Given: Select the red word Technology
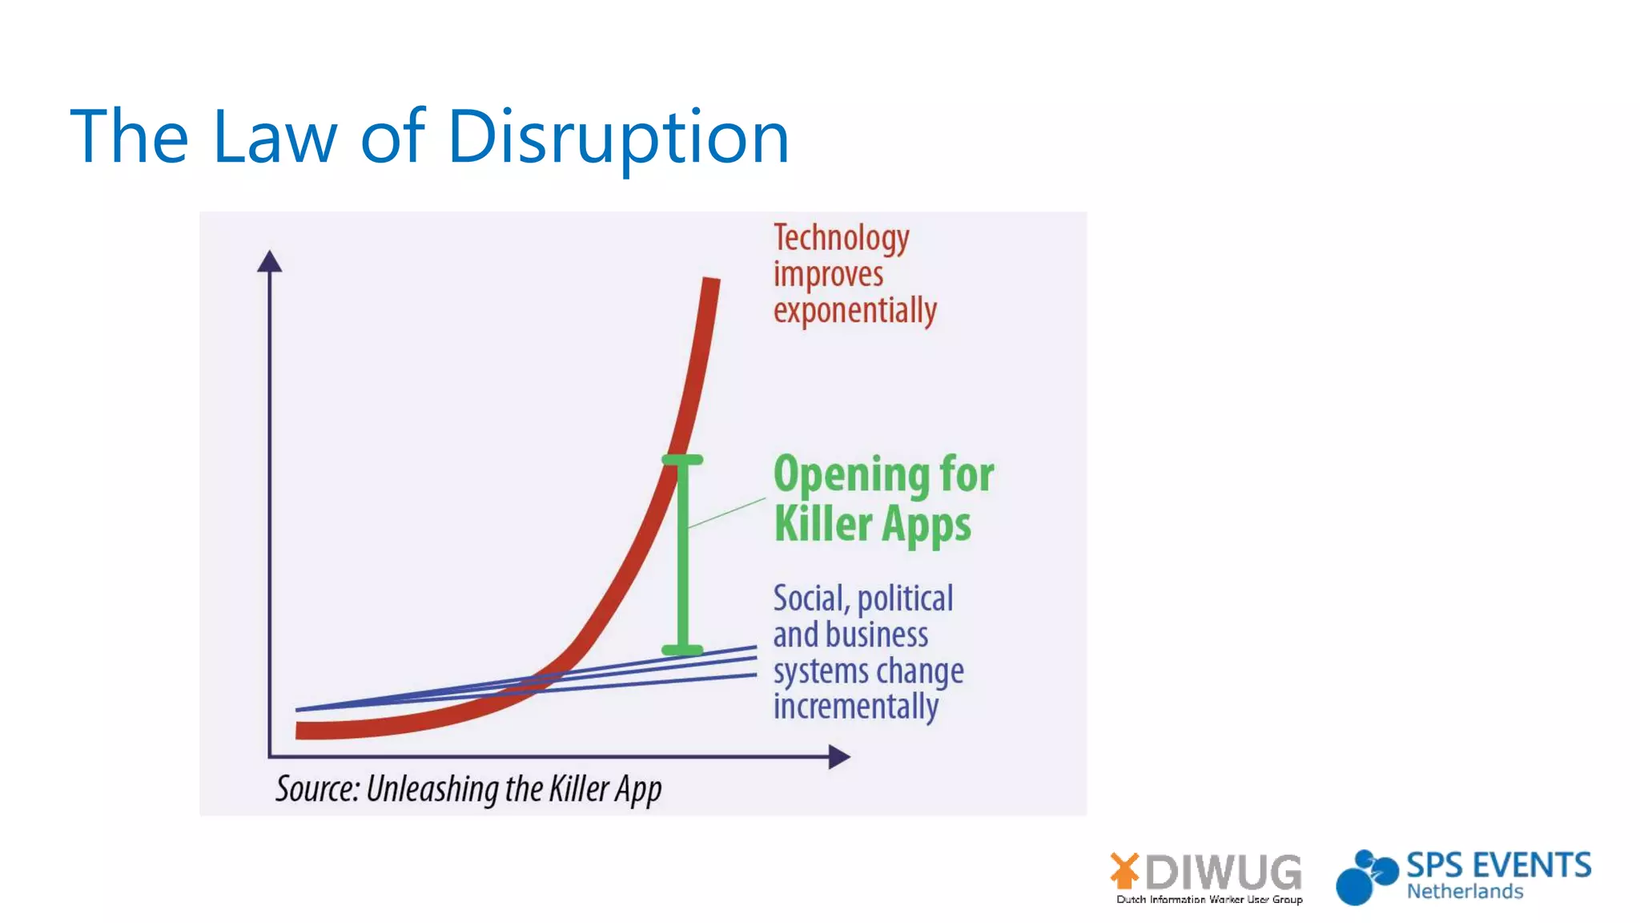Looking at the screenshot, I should point(841,238).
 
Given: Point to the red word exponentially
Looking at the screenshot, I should point(854,311).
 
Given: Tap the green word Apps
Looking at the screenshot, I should point(927,526).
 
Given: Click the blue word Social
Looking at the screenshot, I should point(810,599).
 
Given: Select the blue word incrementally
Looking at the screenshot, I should point(855,707).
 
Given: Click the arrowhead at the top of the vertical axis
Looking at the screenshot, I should point(270,261).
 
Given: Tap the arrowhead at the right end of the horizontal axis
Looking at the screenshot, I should point(838,756).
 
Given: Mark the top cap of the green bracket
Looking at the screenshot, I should point(682,460).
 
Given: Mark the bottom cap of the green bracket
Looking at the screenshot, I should point(682,650).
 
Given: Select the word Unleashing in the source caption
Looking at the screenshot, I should point(432,789).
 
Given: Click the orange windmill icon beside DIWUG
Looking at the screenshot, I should point(1124,870).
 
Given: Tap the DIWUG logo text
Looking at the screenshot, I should point(1223,872).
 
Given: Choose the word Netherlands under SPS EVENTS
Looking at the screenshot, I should point(1465,892).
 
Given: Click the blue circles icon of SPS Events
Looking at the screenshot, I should point(1365,877).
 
